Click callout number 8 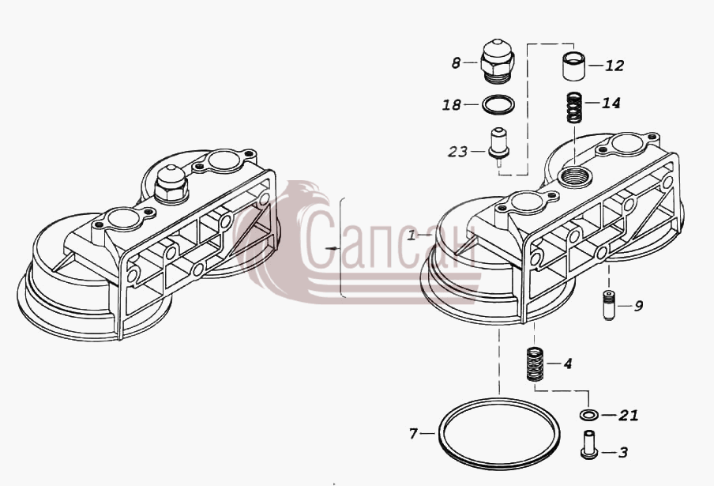[456, 63]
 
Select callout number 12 [614, 66]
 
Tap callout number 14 [611, 103]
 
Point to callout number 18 [452, 105]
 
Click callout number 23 [457, 151]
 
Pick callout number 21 [629, 415]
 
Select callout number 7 [413, 434]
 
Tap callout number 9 [638, 306]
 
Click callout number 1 [411, 235]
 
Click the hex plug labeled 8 [498, 61]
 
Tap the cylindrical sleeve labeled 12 [573, 66]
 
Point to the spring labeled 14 [576, 107]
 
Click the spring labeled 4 [535, 364]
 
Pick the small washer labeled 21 [588, 415]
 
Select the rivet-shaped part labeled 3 [588, 443]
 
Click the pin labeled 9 [609, 306]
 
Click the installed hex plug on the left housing [171, 183]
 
